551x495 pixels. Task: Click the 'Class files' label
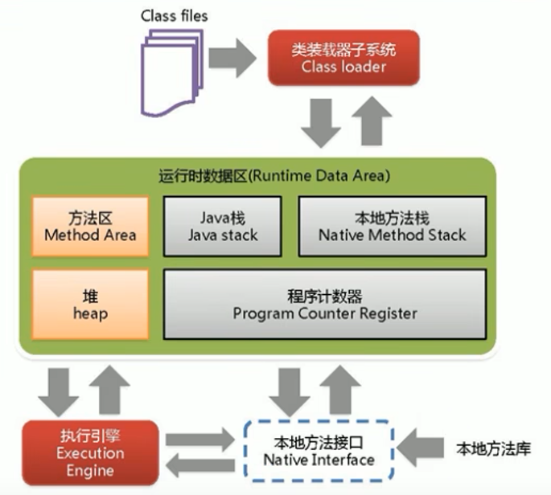coord(175,16)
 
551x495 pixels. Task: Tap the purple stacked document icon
coord(172,73)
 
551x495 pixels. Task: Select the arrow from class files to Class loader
coord(232,58)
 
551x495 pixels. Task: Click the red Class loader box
coord(343,58)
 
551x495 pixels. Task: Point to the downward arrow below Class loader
coord(321,123)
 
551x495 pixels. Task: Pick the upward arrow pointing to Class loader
coord(372,121)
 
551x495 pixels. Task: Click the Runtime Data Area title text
coord(274,175)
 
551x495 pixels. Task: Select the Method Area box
coord(90,227)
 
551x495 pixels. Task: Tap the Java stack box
coord(223,227)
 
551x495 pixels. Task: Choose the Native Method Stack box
coord(393,227)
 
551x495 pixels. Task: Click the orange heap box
coord(90,305)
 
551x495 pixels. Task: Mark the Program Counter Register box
coord(325,305)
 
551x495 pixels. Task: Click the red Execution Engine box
coord(90,453)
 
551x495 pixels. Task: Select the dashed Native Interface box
coord(319,450)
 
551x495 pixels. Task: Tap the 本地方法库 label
coord(493,449)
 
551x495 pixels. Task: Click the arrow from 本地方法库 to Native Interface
coord(420,448)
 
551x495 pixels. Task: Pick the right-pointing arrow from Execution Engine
coord(200,439)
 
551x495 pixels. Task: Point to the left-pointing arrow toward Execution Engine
coord(200,465)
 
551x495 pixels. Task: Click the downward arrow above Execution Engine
coord(59,392)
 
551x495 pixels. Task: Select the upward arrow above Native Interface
coord(340,390)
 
